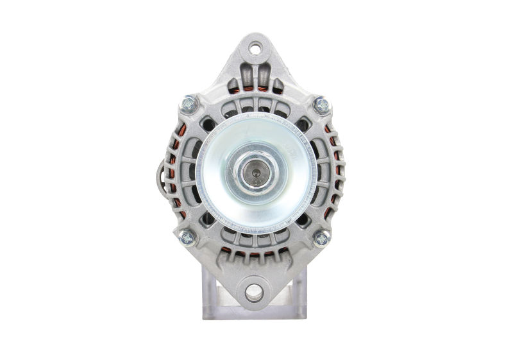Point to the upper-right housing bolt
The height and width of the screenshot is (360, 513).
(321, 103)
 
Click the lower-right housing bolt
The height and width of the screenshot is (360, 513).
(321, 237)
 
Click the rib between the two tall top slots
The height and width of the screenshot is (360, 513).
(256, 74)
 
